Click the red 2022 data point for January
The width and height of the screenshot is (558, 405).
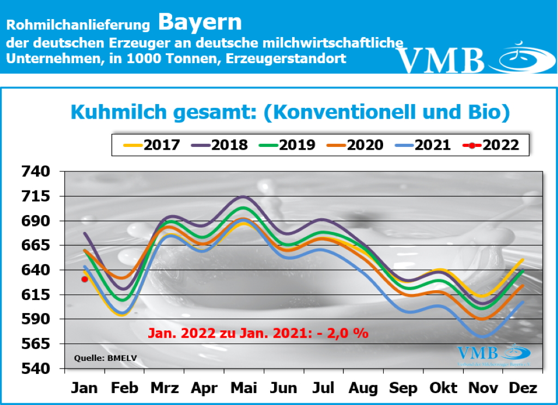click(x=84, y=279)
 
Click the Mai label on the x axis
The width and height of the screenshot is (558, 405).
click(x=244, y=388)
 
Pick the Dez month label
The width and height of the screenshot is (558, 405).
click(x=523, y=388)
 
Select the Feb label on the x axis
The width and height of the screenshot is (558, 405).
click(x=125, y=388)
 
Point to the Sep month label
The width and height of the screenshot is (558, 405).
click(x=403, y=388)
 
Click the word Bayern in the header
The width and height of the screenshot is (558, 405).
click(x=200, y=23)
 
